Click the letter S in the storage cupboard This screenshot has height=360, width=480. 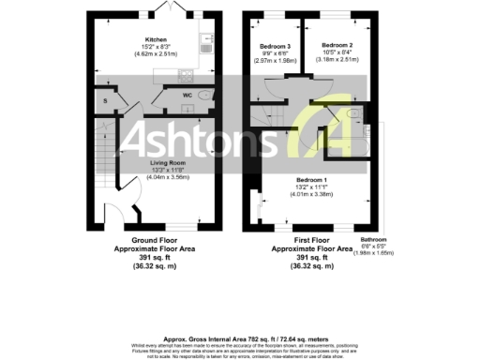(x=106, y=99)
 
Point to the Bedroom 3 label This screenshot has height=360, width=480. (x=276, y=45)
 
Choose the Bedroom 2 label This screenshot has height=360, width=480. (x=337, y=45)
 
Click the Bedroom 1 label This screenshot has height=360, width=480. (x=311, y=178)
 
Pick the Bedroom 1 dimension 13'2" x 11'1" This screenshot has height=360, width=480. (x=311, y=186)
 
